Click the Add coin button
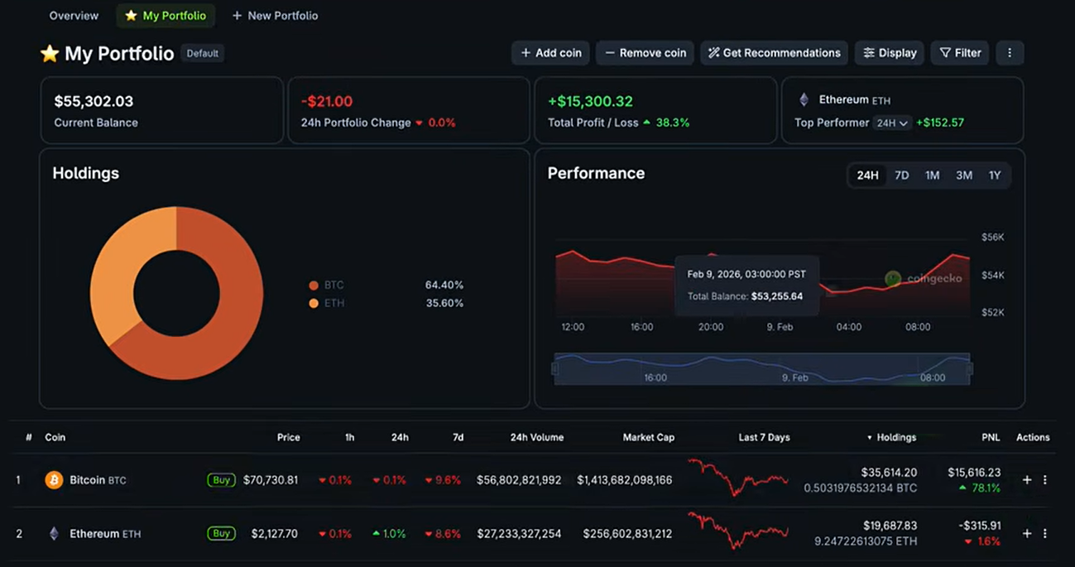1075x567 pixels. click(551, 53)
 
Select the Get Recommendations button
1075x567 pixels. click(774, 53)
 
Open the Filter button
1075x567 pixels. click(960, 53)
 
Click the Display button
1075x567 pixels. click(889, 53)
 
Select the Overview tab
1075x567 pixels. click(74, 16)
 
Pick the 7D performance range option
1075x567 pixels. click(901, 175)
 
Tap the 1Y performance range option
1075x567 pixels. click(995, 175)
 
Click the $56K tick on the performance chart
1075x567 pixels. click(992, 238)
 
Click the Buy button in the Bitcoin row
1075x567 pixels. click(221, 480)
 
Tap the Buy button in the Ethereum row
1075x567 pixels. click(221, 534)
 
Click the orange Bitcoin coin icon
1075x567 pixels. click(54, 480)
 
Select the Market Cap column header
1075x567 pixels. click(648, 437)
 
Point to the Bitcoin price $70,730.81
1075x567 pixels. click(271, 480)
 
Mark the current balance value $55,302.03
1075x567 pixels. click(94, 101)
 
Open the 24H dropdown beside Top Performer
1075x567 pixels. click(892, 123)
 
